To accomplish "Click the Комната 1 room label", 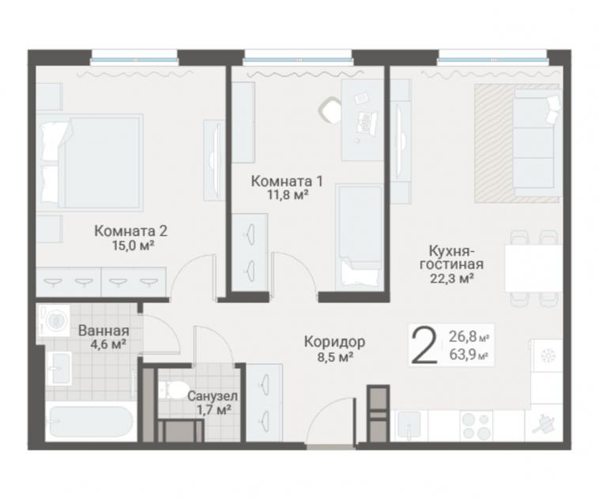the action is click(287, 181).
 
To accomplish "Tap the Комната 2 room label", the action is click(131, 231).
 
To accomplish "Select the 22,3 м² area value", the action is click(452, 279).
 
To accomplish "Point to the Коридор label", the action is click(334, 342).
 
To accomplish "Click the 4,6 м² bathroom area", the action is click(108, 344).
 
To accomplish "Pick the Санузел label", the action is click(213, 396).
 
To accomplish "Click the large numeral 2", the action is click(424, 347).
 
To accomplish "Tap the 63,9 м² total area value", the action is click(469, 355).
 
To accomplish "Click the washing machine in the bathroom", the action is click(54, 320).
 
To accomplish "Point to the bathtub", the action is click(92, 422).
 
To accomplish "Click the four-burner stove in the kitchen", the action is click(476, 426).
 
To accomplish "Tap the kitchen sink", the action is click(409, 426).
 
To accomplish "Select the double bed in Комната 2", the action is click(90, 163).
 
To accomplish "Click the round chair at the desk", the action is click(330, 110).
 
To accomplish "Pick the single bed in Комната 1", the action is click(359, 237).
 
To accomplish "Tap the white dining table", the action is click(533, 268).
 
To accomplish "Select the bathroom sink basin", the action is click(58, 369).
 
